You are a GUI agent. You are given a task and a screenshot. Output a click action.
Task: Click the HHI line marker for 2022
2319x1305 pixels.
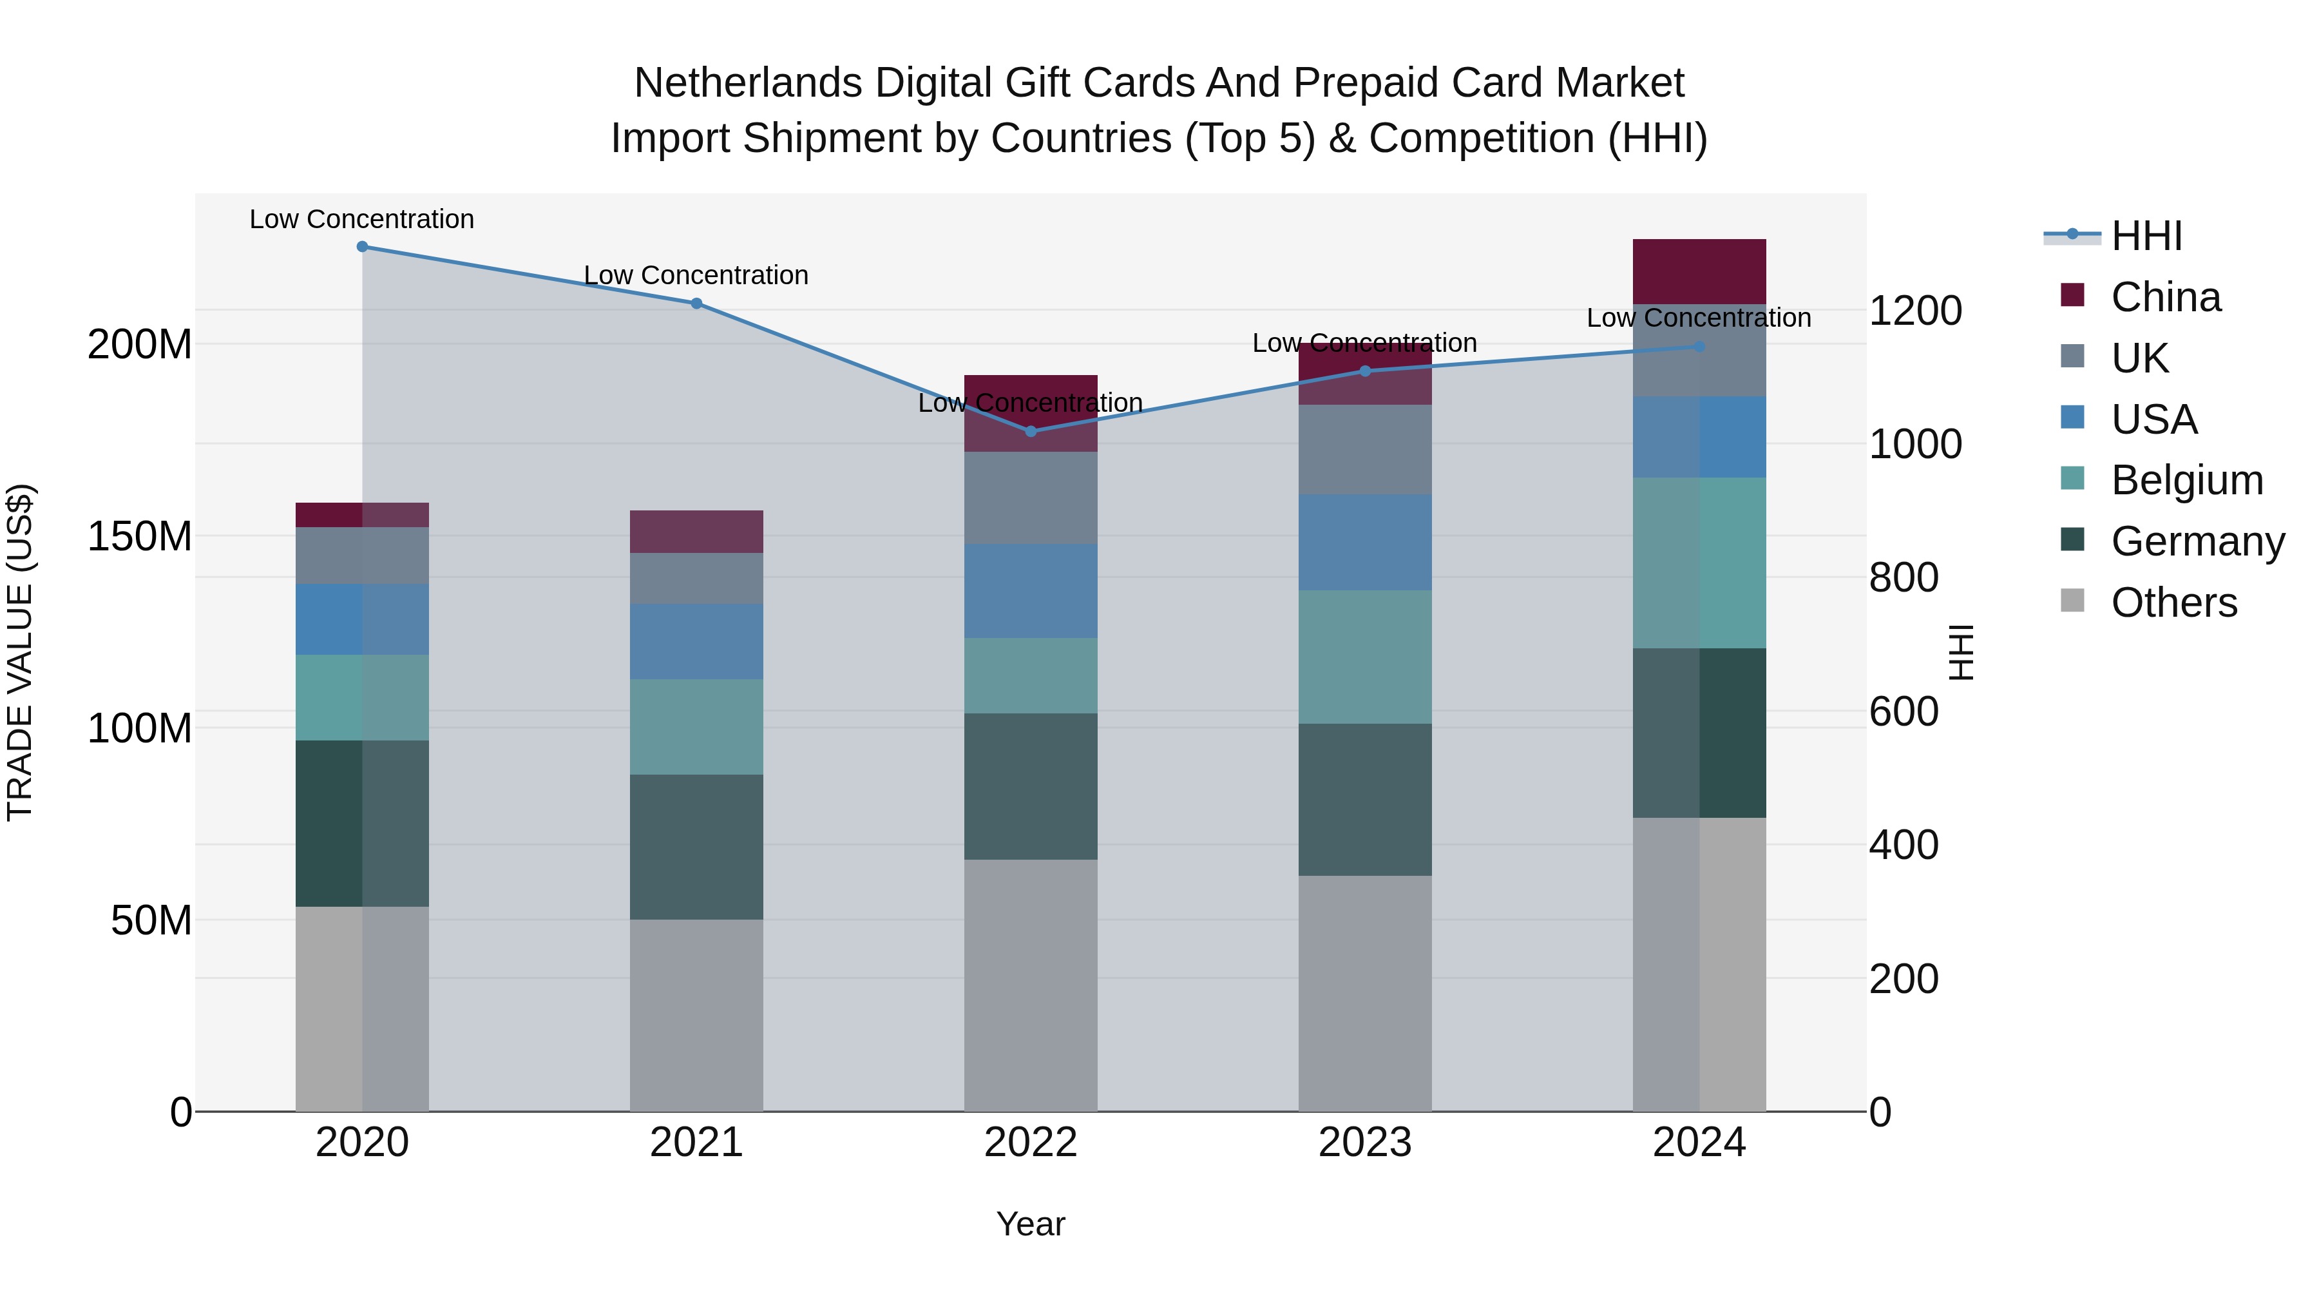(1031, 431)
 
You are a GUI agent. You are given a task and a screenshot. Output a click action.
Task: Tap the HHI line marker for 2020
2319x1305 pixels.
(362, 247)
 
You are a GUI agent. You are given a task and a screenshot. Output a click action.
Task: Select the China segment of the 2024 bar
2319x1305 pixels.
(1699, 271)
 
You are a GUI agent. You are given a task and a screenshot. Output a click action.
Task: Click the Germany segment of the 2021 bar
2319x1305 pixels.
(696, 847)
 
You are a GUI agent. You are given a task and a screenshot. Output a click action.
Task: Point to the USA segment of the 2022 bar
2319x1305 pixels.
(1031, 591)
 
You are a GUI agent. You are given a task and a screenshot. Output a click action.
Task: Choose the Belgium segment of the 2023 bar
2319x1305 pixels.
(1365, 657)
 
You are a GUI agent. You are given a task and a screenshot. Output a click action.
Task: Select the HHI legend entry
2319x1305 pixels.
(2146, 236)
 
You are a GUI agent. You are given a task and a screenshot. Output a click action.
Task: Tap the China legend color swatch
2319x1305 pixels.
(2072, 295)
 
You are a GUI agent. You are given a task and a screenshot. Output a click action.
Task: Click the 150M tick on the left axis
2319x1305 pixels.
(140, 537)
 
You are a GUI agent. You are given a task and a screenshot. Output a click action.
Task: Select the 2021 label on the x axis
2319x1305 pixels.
(696, 1143)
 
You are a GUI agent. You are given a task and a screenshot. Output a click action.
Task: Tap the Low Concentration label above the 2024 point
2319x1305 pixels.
(1698, 318)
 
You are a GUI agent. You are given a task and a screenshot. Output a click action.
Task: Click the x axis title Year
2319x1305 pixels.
(1030, 1224)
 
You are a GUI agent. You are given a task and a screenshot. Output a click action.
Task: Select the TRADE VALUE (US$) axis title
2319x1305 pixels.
(20, 652)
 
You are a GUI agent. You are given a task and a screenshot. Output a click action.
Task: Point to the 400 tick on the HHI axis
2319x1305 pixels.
(1904, 845)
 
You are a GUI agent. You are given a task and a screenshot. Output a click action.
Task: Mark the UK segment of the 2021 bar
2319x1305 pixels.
(696, 578)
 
